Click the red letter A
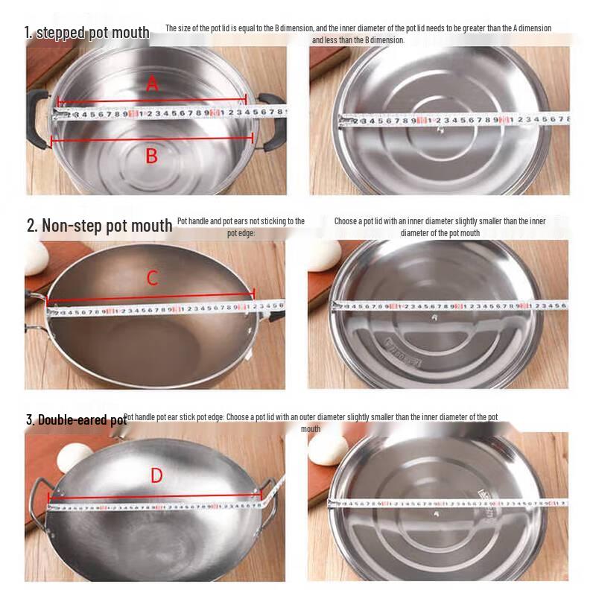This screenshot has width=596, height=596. pos(152,85)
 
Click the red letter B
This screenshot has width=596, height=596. pos(151,156)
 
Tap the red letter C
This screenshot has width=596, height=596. pos(152,279)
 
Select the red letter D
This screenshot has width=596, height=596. pos(156,475)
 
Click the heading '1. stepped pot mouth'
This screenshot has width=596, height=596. pos(87,32)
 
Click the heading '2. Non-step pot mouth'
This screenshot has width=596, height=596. pos(99,225)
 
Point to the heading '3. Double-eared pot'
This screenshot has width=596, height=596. pos(76,420)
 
